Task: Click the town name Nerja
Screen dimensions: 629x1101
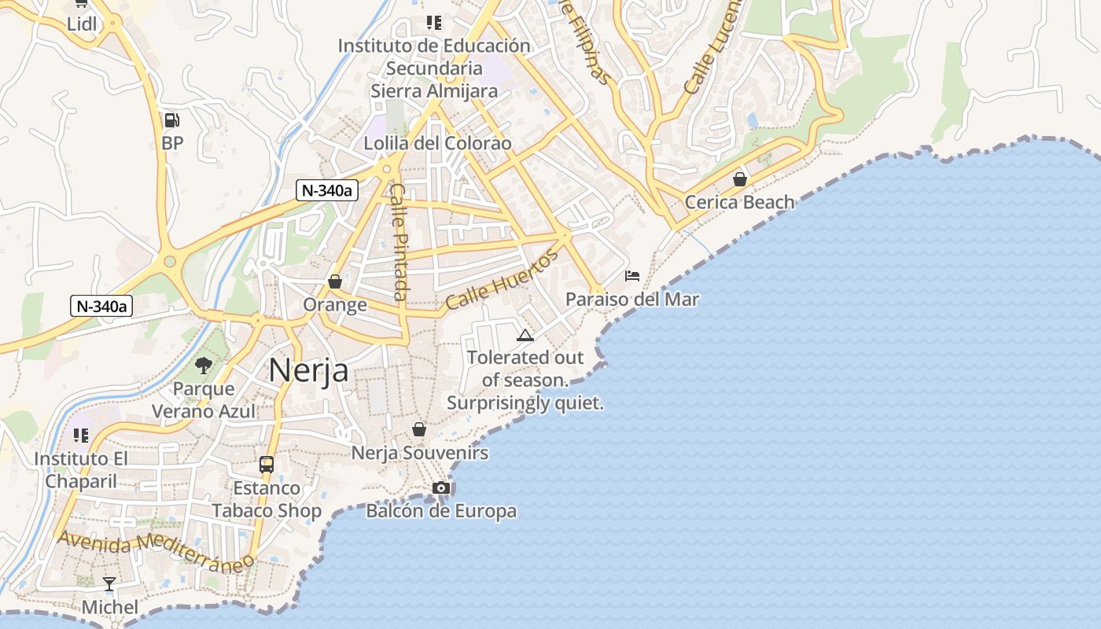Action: point(308,370)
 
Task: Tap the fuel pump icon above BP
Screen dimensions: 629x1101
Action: point(171,120)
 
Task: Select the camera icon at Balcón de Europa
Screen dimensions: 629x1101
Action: point(441,488)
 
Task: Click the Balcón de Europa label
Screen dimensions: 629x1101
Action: point(441,511)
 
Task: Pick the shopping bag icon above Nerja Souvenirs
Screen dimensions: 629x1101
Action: point(419,429)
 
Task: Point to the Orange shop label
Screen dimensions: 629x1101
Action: point(335,305)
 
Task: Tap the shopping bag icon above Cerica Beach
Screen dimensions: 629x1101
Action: point(739,179)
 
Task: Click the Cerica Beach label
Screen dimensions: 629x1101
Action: point(739,202)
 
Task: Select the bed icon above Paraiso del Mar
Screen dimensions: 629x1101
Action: point(632,276)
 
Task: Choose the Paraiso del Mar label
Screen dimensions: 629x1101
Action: point(632,300)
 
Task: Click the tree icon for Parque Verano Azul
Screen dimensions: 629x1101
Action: point(204,365)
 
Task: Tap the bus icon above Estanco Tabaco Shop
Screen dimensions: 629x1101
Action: point(267,465)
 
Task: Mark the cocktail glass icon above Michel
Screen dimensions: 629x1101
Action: point(109,584)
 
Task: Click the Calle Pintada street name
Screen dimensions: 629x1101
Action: point(400,242)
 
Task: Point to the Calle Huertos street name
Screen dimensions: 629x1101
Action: point(502,279)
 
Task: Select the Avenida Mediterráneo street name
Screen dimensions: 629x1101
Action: point(156,548)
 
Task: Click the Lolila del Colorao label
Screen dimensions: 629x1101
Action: point(437,143)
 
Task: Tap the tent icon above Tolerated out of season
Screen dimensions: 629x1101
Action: point(525,336)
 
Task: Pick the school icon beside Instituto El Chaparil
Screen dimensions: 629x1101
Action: point(81,435)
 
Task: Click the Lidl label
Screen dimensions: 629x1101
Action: point(82,24)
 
